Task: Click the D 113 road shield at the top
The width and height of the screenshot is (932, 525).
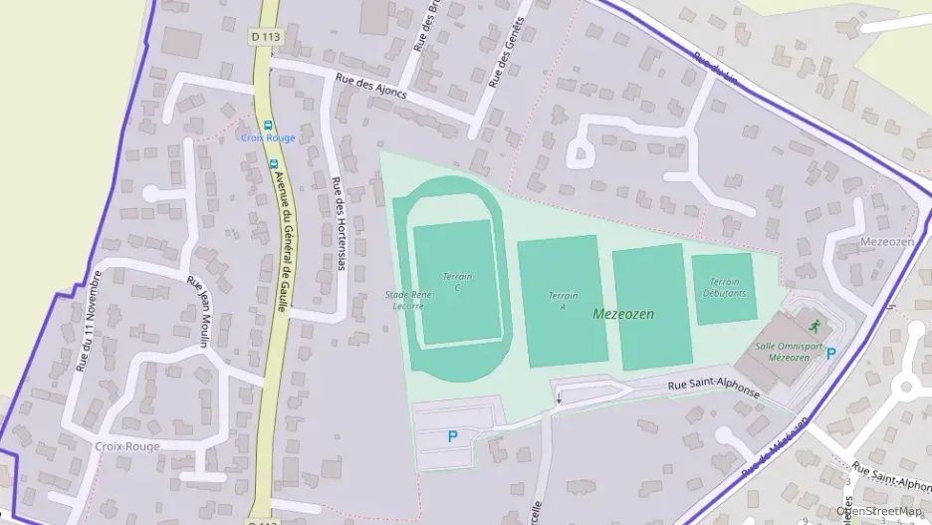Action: tap(266, 36)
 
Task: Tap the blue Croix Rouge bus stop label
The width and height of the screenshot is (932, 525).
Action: tap(268, 137)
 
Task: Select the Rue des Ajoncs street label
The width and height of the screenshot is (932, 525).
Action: tap(371, 88)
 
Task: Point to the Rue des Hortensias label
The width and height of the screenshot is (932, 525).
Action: tap(338, 223)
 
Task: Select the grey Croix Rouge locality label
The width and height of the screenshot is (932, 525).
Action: tap(126, 446)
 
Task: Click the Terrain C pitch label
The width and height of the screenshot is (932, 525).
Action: tap(457, 281)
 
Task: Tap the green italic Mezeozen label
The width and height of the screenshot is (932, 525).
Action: tap(622, 313)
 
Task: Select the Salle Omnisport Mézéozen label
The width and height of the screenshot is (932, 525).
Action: tap(789, 352)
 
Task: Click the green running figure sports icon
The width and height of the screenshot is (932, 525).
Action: tap(815, 326)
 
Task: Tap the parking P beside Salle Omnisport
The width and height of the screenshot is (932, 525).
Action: tap(830, 353)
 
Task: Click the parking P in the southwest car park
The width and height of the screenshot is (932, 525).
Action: tap(452, 435)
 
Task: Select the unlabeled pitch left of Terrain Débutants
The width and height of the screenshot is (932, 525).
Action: tap(651, 307)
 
